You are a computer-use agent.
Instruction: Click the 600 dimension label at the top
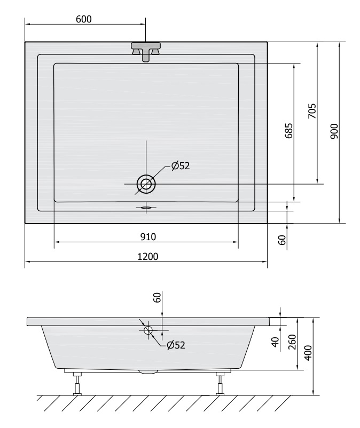(84, 19)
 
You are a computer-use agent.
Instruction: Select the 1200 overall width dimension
(147, 256)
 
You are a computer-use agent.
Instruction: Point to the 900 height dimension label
(334, 131)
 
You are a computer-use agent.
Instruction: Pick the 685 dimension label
(289, 131)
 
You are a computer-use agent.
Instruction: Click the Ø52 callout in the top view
(180, 165)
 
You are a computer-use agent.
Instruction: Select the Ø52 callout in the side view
(176, 345)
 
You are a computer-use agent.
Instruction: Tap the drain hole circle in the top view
(146, 184)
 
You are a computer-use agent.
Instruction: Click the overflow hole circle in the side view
(148, 330)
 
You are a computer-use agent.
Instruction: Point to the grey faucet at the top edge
(146, 50)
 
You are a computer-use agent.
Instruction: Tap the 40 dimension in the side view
(276, 342)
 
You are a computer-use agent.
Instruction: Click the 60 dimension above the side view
(158, 298)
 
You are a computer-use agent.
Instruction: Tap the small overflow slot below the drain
(146, 208)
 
